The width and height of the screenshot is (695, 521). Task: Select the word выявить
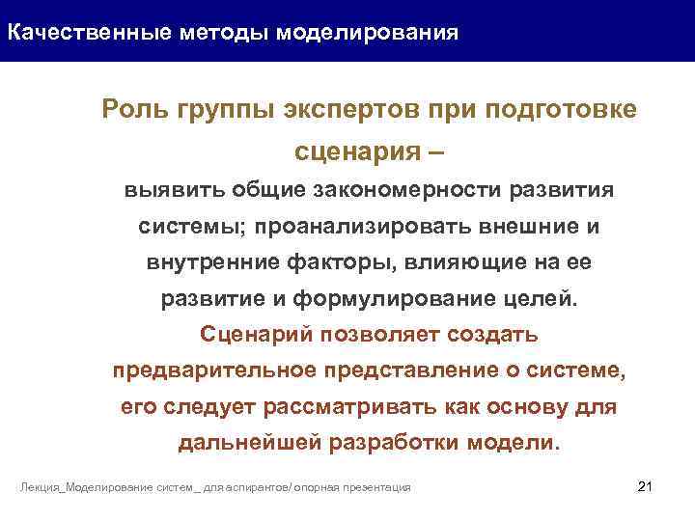[x=164, y=190]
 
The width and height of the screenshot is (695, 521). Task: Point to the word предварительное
[x=205, y=370]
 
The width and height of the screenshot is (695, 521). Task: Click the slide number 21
[x=646, y=484]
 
